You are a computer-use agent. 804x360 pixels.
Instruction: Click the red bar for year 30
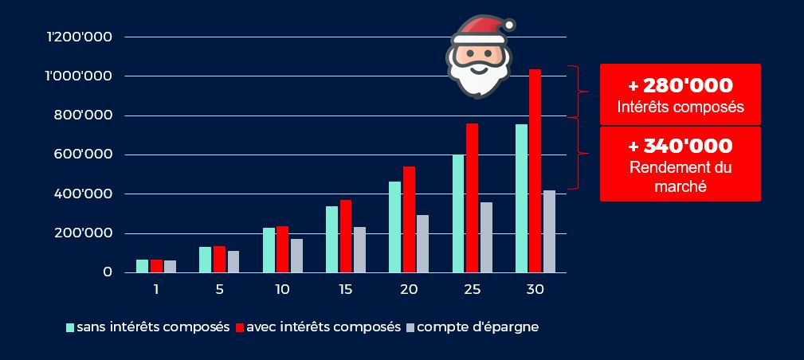[535, 171]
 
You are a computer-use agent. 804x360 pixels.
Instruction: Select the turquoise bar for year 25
[458, 213]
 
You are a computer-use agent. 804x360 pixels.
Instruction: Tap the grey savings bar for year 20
[423, 244]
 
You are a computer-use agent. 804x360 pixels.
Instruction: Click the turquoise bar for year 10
[269, 250]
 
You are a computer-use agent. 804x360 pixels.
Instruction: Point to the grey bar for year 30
[549, 231]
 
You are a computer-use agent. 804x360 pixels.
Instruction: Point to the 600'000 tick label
[90, 155]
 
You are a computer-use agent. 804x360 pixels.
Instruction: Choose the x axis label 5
[219, 290]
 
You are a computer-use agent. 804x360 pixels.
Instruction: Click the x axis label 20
[409, 290]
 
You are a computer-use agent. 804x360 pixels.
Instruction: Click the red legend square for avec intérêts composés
[240, 327]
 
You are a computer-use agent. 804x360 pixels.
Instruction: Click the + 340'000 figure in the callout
[680, 147]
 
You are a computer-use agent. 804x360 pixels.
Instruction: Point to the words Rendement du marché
[680, 177]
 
